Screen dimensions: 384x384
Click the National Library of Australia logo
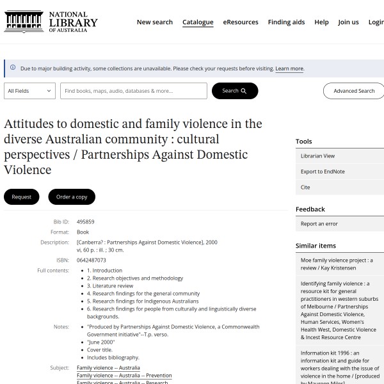51,22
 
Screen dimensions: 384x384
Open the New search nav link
154,22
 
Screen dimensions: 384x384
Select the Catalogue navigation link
198,22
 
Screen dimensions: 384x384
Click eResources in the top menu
241,22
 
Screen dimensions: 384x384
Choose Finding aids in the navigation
286,22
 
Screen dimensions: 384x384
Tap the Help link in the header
321,22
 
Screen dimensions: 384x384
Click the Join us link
348,22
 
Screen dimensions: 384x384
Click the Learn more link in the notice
289,68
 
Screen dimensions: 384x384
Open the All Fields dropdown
30,91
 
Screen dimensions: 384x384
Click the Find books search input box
134,91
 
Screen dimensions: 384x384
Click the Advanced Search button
353,91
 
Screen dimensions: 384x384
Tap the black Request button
22,196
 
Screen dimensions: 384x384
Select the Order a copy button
72,196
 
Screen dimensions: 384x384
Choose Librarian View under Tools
317,156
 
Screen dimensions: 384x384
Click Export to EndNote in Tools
323,172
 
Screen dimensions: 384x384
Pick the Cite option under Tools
305,188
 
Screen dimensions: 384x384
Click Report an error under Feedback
319,223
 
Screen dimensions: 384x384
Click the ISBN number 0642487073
92,260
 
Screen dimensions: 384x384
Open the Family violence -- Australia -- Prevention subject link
124,376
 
